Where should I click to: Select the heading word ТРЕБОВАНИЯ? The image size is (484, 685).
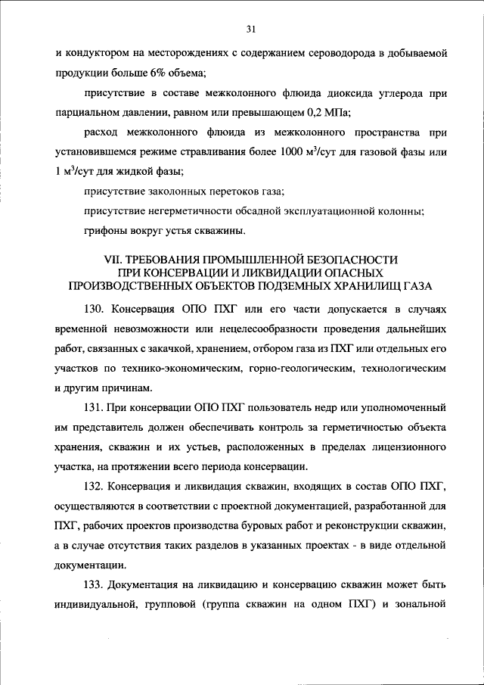[x=177, y=259]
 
